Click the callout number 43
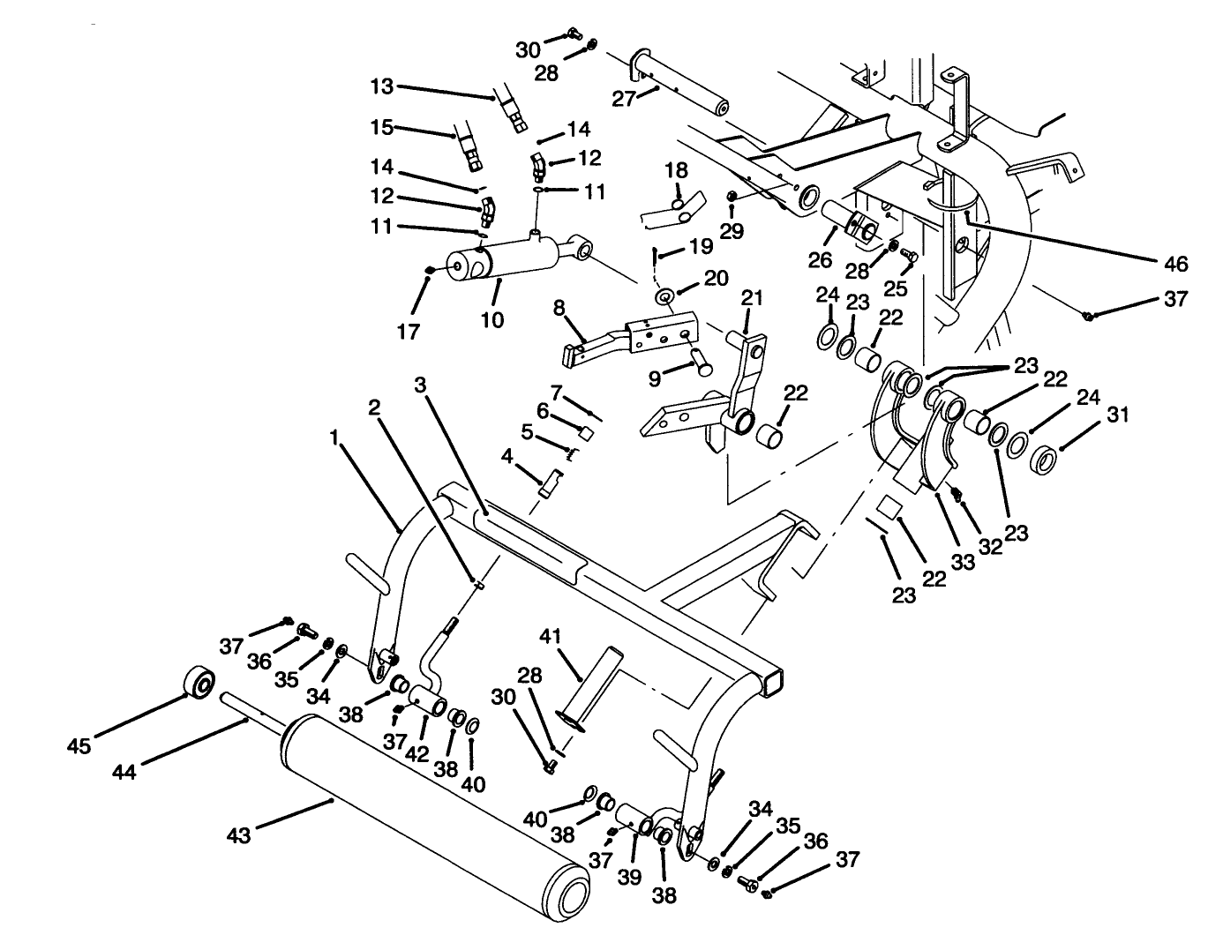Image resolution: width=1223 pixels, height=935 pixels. point(240,833)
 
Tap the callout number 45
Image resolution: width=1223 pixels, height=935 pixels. point(80,745)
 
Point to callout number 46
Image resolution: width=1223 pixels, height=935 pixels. point(1175,264)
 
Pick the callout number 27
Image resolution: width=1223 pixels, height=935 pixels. point(624,100)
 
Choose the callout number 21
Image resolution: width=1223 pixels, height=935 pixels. point(751,298)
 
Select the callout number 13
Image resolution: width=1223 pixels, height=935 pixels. point(382,86)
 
